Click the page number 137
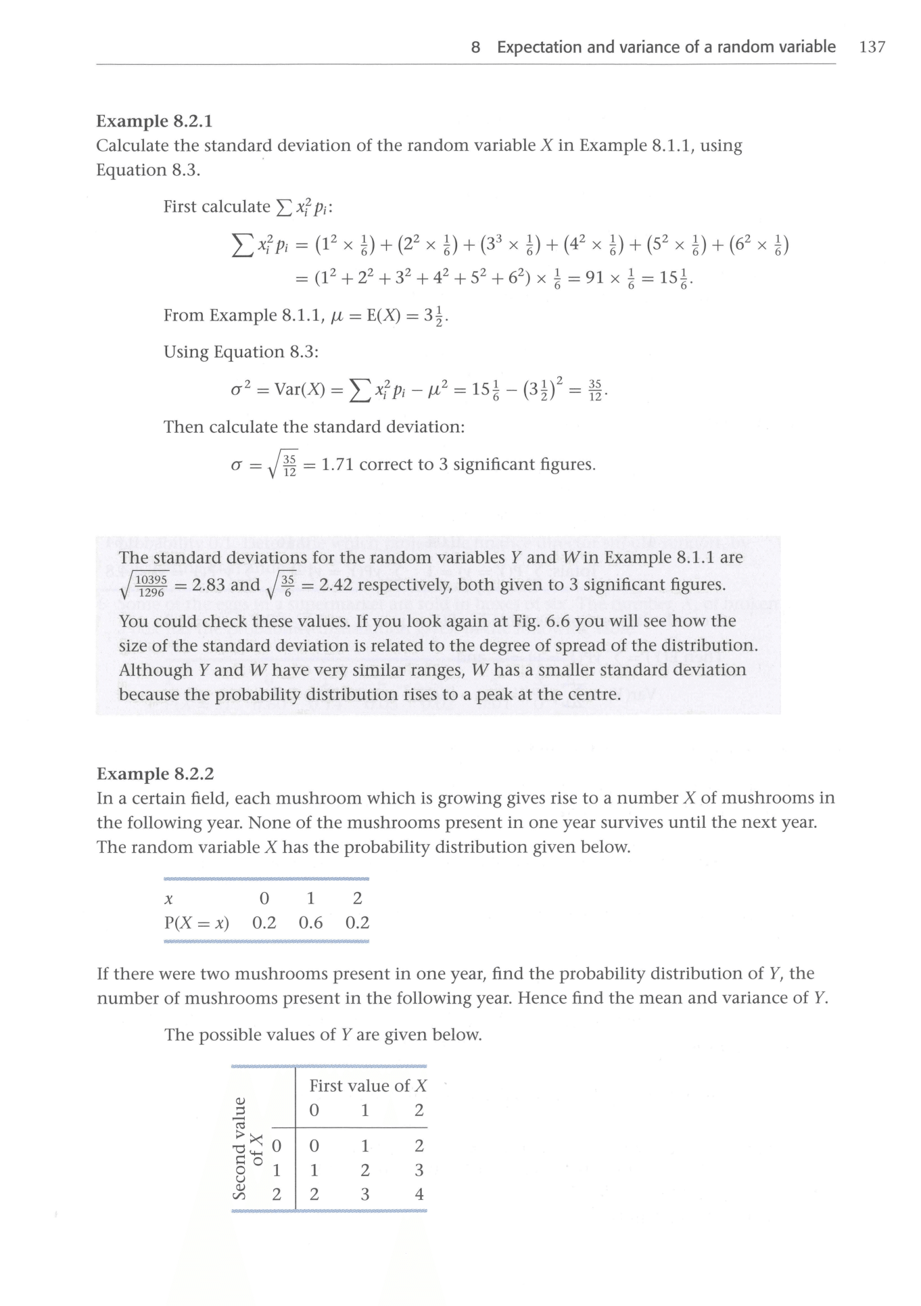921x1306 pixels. click(872, 47)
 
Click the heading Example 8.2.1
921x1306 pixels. click(154, 121)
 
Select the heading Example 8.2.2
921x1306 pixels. click(155, 774)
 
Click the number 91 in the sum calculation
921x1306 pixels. click(595, 278)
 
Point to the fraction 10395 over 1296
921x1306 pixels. click(151, 586)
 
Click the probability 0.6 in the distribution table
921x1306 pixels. click(310, 923)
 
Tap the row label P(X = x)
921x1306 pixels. click(197, 923)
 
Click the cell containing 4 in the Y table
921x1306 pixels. click(419, 1194)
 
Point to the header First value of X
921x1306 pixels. click(368, 1086)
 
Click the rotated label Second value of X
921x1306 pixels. click(247, 1148)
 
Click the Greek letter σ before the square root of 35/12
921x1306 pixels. click(237, 465)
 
